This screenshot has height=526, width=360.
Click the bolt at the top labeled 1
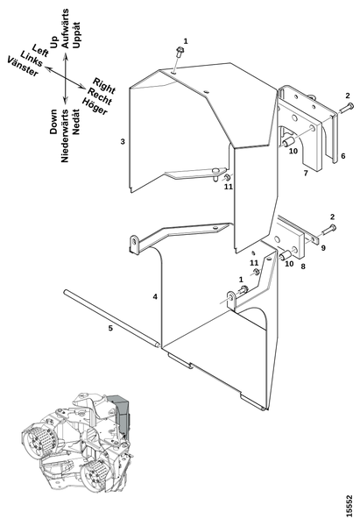(x=180, y=53)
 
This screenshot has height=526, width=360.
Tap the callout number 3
(x=123, y=141)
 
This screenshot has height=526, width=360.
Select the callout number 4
(x=155, y=296)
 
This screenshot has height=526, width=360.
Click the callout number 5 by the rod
(x=110, y=328)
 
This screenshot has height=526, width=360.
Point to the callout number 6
(x=342, y=156)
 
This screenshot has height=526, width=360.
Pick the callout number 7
(x=306, y=173)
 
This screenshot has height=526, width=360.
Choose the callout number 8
(x=303, y=267)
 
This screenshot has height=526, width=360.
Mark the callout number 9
(x=323, y=248)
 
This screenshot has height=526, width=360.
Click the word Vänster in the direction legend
(x=23, y=67)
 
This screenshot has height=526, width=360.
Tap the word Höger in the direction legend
(x=95, y=107)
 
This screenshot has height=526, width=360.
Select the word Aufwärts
(x=65, y=29)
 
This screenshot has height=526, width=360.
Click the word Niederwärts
(x=65, y=136)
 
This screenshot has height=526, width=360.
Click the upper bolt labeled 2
(x=347, y=108)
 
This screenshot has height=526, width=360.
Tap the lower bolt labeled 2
(x=328, y=230)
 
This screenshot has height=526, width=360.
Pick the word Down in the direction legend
(x=54, y=122)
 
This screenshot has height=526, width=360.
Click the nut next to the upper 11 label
(x=227, y=177)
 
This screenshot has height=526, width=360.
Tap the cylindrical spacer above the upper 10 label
(x=288, y=141)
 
